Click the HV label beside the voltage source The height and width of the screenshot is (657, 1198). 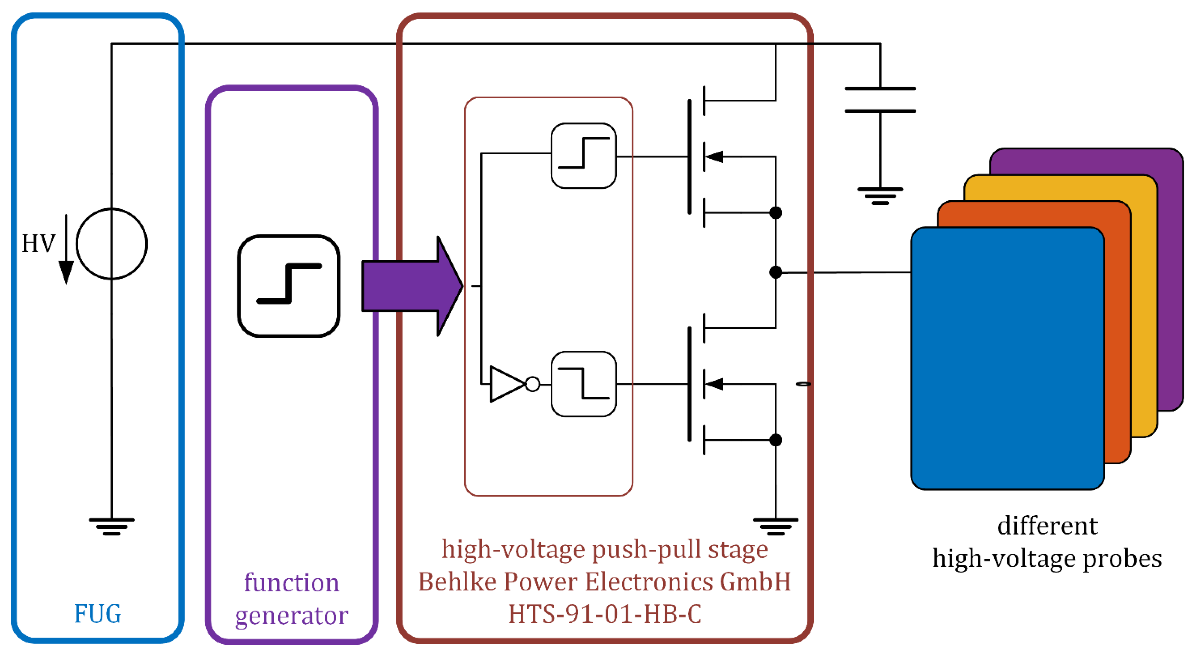pos(38,243)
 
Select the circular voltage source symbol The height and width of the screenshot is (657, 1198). pos(111,244)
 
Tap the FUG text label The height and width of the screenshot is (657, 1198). pos(98,614)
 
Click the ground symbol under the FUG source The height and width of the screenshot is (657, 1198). pos(111,526)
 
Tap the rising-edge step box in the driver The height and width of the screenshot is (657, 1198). pos(583,155)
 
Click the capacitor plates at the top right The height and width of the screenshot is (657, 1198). pos(880,100)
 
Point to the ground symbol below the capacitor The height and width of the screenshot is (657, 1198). pos(880,196)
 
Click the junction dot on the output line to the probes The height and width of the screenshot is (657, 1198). pos(775,272)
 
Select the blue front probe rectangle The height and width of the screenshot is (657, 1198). pos(1007,358)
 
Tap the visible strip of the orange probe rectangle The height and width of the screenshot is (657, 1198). pos(1118,335)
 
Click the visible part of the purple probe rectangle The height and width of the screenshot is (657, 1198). pos(1170,279)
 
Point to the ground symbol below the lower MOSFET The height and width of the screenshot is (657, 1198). pos(775,526)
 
